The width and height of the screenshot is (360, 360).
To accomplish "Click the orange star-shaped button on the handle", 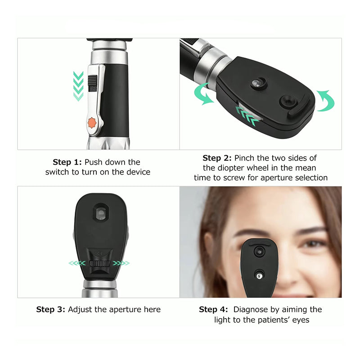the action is pos(92,123).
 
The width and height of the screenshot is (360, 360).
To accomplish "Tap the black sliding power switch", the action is pos(93,83).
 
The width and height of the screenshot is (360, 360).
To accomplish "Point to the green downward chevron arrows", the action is pos(78,86).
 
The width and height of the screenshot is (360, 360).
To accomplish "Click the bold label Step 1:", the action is pos(67,162).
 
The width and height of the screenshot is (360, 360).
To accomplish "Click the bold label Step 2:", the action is pos(217,158).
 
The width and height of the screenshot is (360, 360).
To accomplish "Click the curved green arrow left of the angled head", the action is pos(203,94).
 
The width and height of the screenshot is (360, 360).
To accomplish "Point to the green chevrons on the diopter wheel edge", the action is pos(247,116).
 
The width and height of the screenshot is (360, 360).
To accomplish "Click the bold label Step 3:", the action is pos(50,310).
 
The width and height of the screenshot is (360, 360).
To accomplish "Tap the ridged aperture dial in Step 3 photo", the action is pos(100,263).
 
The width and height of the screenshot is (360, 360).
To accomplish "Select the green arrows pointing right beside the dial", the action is pos(121,263).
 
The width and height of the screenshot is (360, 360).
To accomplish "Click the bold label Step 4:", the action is pos(213,310).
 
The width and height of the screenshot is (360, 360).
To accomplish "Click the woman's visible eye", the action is pos(314,244).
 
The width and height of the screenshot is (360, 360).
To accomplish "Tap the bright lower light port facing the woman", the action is pos(260,276).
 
